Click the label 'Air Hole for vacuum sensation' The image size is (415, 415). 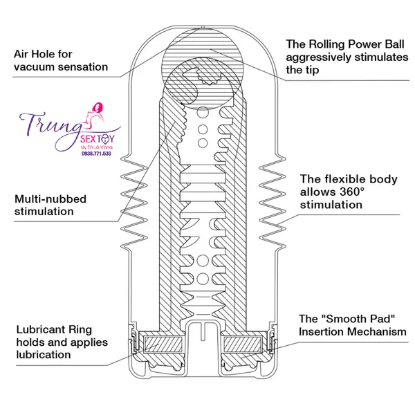pyautogui.click(x=61, y=60)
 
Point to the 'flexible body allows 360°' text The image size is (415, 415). pyautogui.click(x=347, y=192)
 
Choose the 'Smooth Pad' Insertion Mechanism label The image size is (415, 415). pyautogui.click(x=352, y=325)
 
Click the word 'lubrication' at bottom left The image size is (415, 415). pyautogui.click(x=41, y=355)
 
